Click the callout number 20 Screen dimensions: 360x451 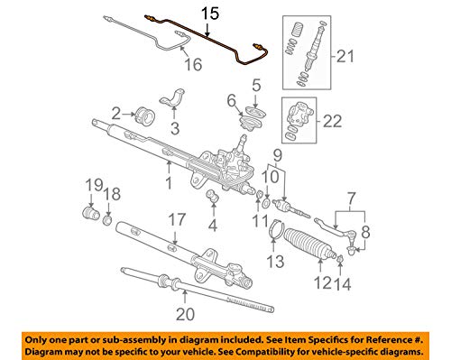click(x=185, y=315)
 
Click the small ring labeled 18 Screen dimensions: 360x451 click(x=108, y=218)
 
